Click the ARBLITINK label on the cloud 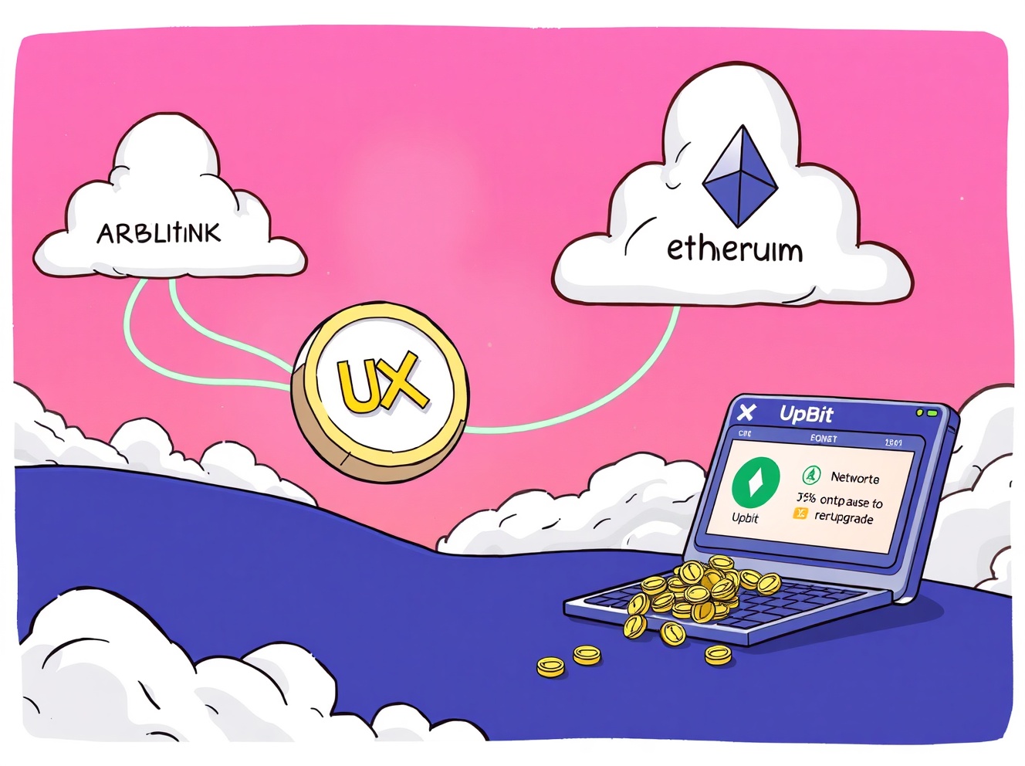click(x=159, y=233)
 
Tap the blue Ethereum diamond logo click(x=739, y=176)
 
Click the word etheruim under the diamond click(x=734, y=249)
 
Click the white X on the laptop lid click(x=746, y=412)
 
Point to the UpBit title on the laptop click(x=806, y=415)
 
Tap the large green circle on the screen click(x=756, y=482)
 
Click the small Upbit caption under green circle click(x=745, y=518)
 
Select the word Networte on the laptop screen click(x=854, y=478)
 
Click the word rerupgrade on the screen click(x=844, y=518)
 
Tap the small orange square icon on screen click(x=800, y=513)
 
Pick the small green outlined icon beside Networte click(x=811, y=475)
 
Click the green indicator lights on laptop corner click(x=925, y=414)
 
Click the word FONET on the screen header click(x=824, y=439)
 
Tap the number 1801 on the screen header click(x=893, y=442)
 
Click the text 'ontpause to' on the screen click(x=851, y=501)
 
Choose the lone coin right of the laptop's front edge click(x=718, y=655)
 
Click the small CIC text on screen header click(x=745, y=434)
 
